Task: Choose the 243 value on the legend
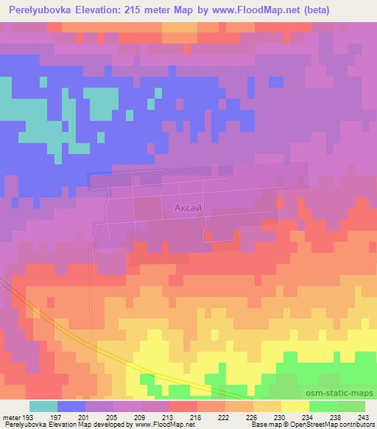click(363, 417)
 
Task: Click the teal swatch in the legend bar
click(43, 406)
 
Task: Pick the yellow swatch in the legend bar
click(295, 406)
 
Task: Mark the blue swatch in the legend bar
click(71, 406)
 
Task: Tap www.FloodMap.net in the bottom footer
click(166, 425)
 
